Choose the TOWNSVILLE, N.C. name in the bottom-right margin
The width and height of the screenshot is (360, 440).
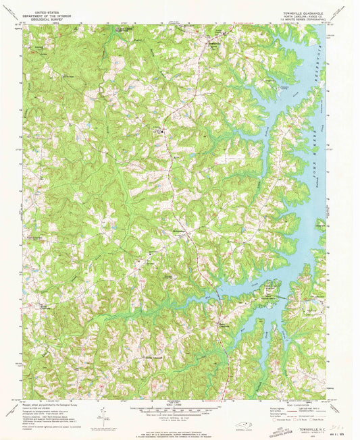pyautogui.click(x=303, y=419)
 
